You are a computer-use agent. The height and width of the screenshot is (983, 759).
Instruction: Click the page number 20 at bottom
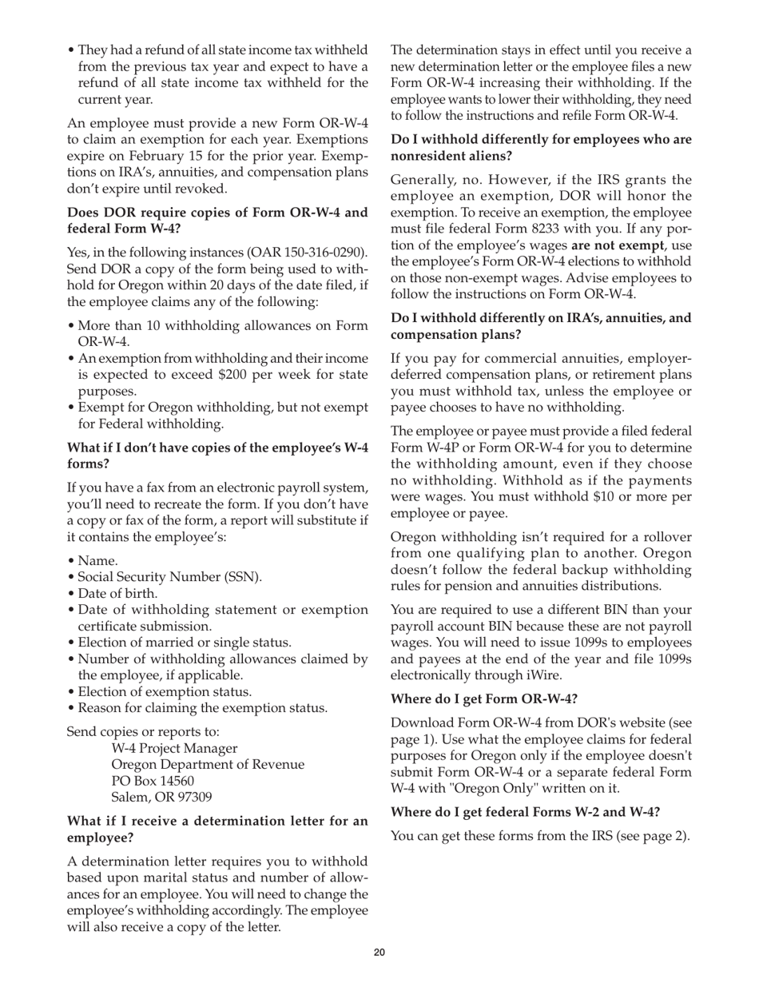[379, 952]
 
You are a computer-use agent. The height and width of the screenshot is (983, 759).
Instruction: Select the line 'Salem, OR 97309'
[161, 797]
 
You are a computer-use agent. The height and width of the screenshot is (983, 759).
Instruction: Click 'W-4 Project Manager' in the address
[174, 748]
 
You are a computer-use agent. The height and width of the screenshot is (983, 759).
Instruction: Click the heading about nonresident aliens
[541, 147]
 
